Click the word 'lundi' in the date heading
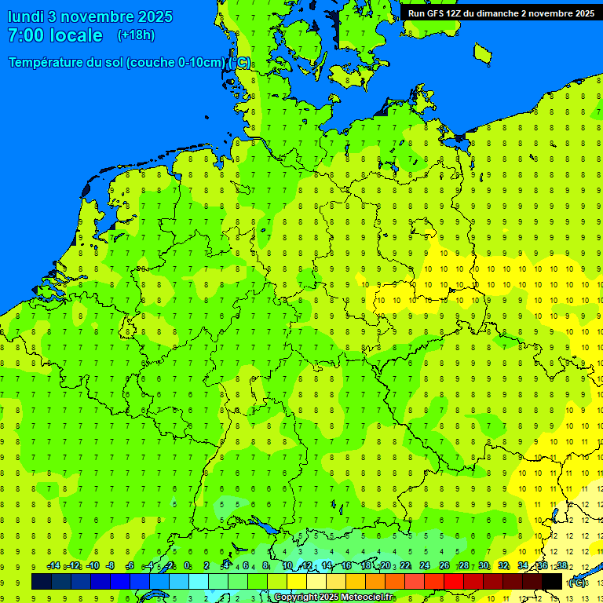coord(24,16)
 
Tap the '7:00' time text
coord(28,35)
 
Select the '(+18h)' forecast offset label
coord(136,35)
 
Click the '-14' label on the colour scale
coord(53,566)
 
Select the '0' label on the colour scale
coord(187,566)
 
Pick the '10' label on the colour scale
coord(287,566)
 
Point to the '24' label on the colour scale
coord(425,566)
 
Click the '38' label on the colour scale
coord(562,566)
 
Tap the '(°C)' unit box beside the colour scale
coord(577,583)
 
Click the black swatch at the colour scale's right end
coord(552,582)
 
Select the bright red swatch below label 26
coord(454,582)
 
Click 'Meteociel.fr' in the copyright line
coord(367,598)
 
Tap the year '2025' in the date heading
coord(155,16)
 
